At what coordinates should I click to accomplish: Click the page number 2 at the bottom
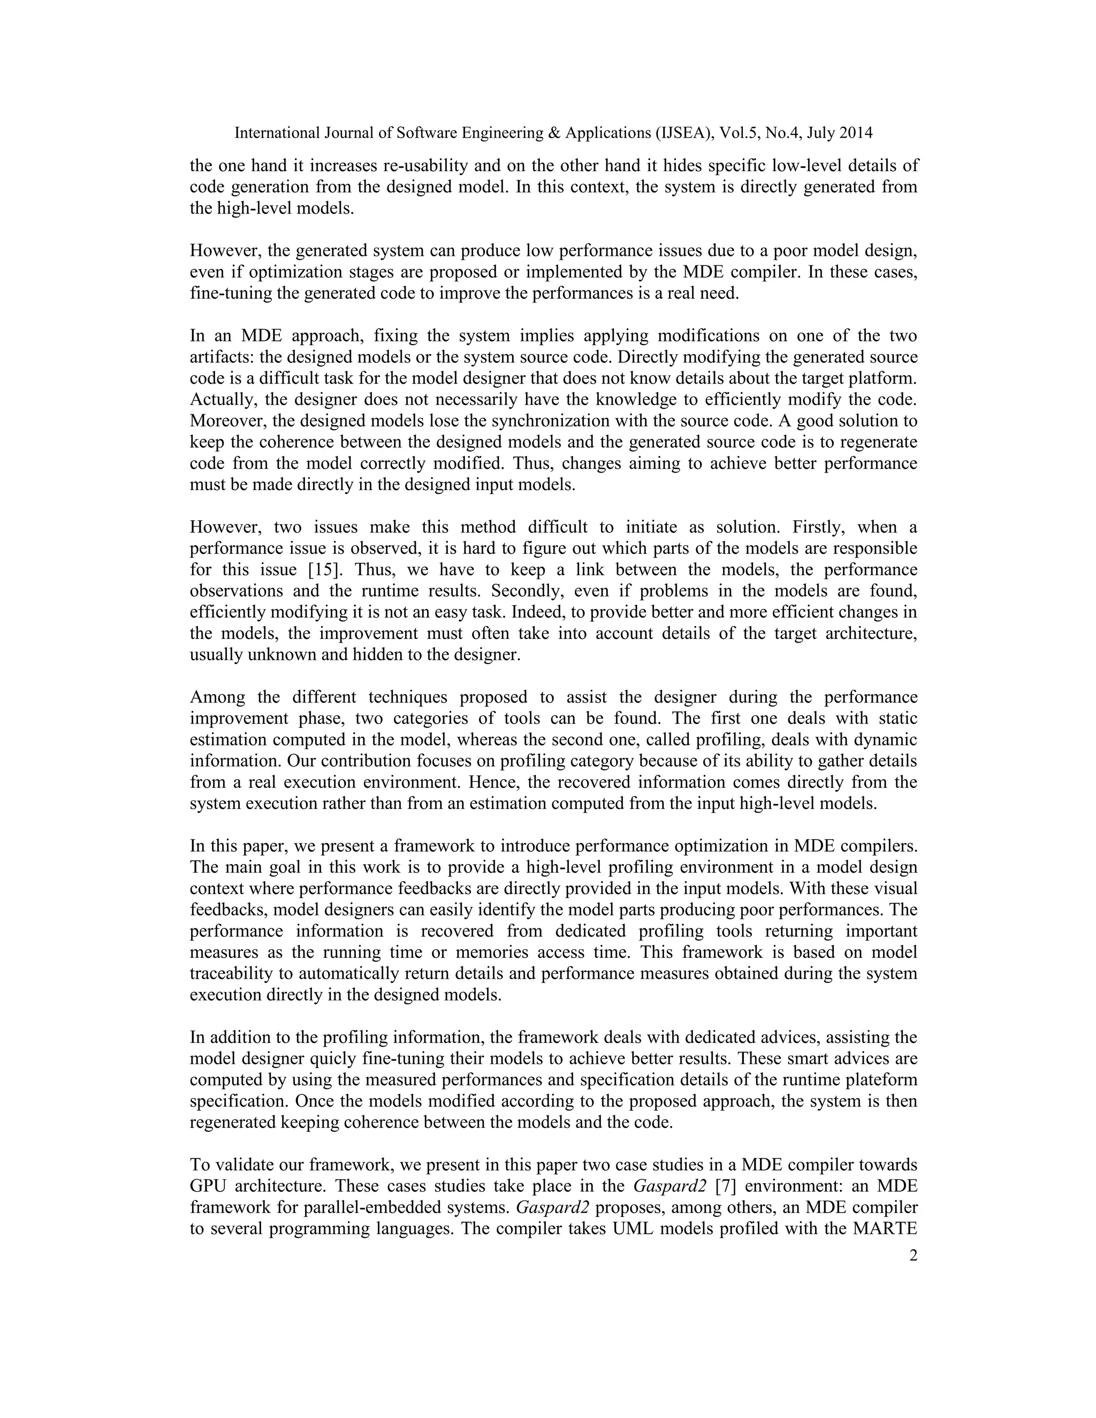tap(913, 1256)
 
